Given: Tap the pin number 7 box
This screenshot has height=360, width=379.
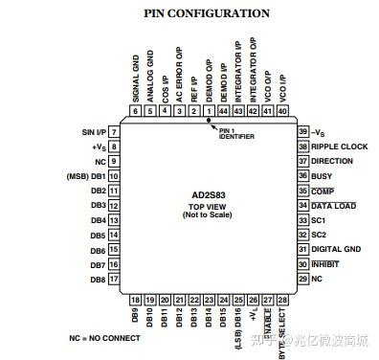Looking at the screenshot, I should pyautogui.click(x=114, y=131).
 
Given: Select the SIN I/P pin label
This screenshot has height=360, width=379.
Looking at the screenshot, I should pyautogui.click(x=92, y=131).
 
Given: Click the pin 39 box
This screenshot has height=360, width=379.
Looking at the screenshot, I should pyautogui.click(x=303, y=131).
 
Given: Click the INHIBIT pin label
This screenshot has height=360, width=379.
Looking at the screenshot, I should pyautogui.click(x=325, y=263).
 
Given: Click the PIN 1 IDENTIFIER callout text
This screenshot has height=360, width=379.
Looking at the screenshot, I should pyautogui.click(x=234, y=133).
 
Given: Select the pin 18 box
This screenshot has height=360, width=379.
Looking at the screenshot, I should pyautogui.click(x=134, y=299).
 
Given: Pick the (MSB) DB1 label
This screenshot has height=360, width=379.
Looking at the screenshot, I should pyautogui.click(x=85, y=176).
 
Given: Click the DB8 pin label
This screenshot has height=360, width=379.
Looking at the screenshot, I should pyautogui.click(x=97, y=279).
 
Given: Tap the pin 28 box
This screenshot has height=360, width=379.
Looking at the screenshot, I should pyautogui.click(x=281, y=299).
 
